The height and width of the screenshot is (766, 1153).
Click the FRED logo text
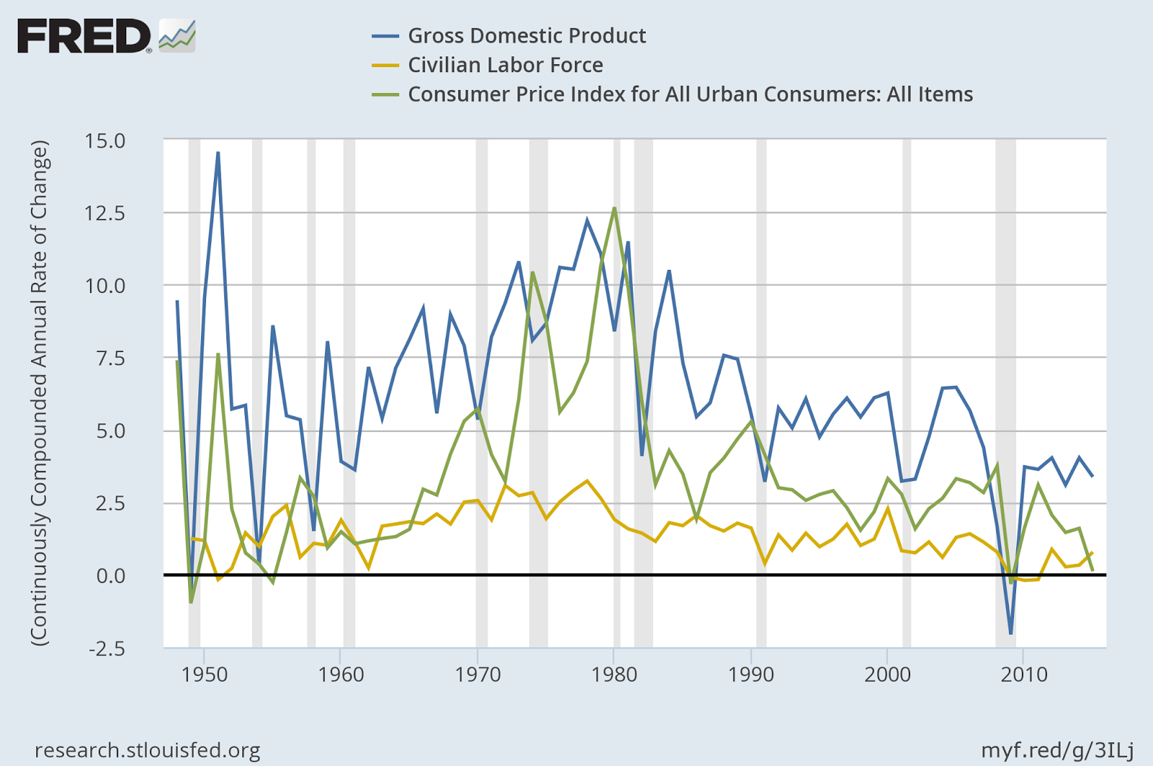click(84, 36)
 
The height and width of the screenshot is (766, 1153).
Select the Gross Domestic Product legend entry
click(526, 35)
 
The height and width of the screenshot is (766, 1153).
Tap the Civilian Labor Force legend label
click(505, 65)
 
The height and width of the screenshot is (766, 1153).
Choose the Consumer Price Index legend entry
click(690, 94)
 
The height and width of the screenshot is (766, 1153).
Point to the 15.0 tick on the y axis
click(104, 141)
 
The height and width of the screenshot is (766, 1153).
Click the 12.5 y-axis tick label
click(104, 213)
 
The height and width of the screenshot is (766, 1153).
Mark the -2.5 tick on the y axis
click(106, 648)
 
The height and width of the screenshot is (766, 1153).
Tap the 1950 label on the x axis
click(204, 674)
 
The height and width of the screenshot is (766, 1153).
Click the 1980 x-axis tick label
click(614, 674)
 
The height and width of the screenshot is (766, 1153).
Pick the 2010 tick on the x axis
click(1024, 674)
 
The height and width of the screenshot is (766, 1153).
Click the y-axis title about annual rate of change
click(39, 393)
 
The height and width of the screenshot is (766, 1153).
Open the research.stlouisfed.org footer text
click(148, 751)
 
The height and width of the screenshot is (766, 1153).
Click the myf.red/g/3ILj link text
click(1057, 751)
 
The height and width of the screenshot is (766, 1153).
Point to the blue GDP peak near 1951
click(218, 153)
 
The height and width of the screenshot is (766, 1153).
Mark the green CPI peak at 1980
click(614, 208)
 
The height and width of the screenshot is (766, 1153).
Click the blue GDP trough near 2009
click(1011, 633)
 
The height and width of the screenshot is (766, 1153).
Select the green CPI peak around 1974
click(533, 273)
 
